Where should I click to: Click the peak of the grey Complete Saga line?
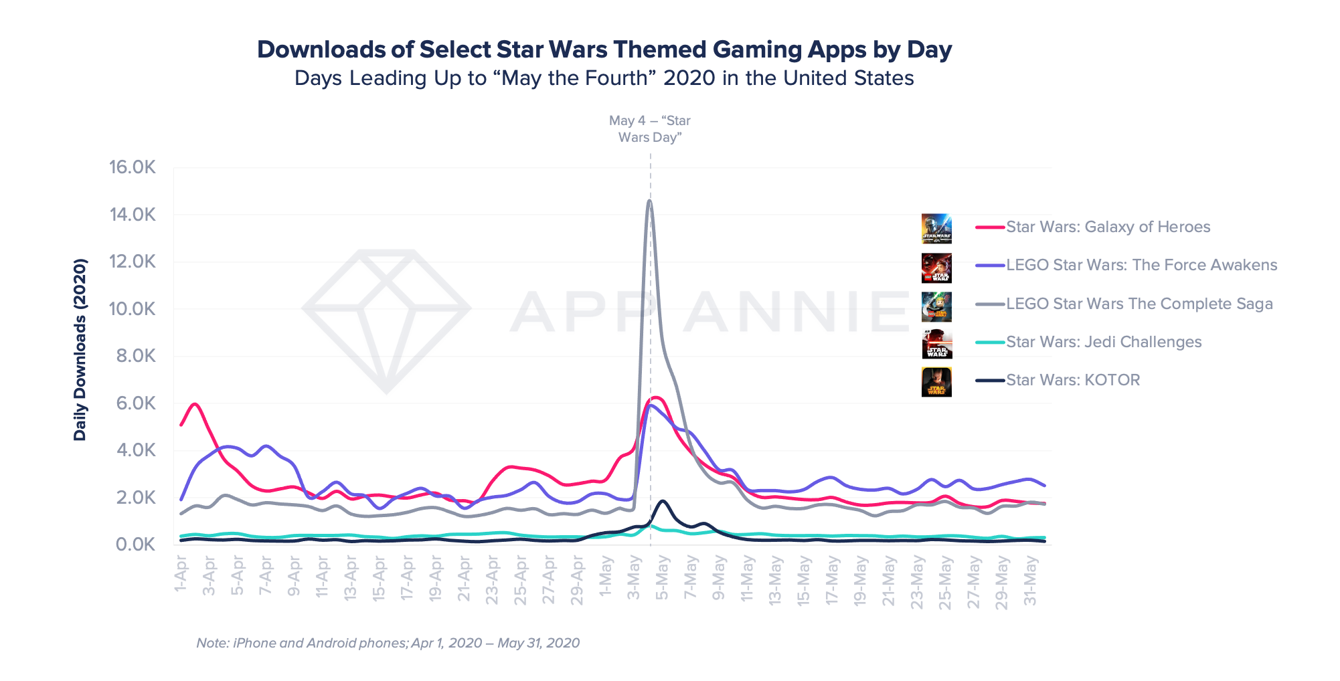pyautogui.click(x=649, y=201)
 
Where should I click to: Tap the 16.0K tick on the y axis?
pyautogui.click(x=133, y=167)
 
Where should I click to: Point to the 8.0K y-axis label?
pyautogui.click(x=135, y=356)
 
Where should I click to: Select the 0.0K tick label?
pyautogui.click(x=135, y=545)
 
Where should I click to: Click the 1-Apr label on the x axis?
pyautogui.click(x=181, y=574)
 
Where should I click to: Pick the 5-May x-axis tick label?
pyautogui.click(x=662, y=577)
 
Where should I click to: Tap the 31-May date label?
pyautogui.click(x=1030, y=581)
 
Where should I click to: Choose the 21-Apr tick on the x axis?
pyautogui.click(x=464, y=579)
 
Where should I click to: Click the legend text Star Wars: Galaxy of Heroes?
pyautogui.click(x=1108, y=227)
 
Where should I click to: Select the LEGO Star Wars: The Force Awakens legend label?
pyautogui.click(x=1141, y=265)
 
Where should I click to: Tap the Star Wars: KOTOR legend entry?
pyautogui.click(x=1072, y=380)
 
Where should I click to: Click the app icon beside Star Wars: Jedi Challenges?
pyautogui.click(x=936, y=343)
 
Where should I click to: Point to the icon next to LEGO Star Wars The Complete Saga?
pyautogui.click(x=936, y=306)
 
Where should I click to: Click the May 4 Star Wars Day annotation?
pyautogui.click(x=649, y=129)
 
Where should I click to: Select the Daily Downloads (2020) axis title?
pyautogui.click(x=80, y=349)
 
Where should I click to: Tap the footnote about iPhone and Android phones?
pyautogui.click(x=388, y=643)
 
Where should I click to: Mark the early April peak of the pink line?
pyautogui.click(x=195, y=404)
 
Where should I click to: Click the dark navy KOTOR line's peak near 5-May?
pyautogui.click(x=663, y=500)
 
